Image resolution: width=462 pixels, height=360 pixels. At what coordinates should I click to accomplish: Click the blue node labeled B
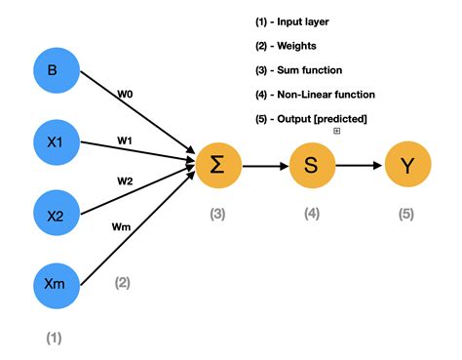pyautogui.click(x=55, y=71)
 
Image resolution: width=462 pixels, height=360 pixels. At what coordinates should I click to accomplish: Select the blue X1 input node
pyautogui.click(x=55, y=141)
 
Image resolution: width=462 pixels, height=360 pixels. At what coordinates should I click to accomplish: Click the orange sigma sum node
pyautogui.click(x=217, y=166)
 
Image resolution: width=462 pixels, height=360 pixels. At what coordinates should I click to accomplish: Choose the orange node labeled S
pyautogui.click(x=311, y=166)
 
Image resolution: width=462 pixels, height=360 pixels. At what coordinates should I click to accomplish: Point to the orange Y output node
pyautogui.click(x=405, y=166)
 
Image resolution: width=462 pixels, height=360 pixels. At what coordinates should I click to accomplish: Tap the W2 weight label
pyautogui.click(x=125, y=181)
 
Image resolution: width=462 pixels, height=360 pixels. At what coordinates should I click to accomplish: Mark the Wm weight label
pyautogui.click(x=121, y=227)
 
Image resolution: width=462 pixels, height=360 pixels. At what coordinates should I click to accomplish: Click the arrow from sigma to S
pyautogui.click(x=264, y=166)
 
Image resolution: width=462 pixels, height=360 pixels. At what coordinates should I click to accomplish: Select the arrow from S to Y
pyautogui.click(x=358, y=166)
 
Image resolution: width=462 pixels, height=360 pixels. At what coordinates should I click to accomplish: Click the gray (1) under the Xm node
pyautogui.click(x=54, y=338)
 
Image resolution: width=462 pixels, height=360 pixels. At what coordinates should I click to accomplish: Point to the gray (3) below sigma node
pyautogui.click(x=217, y=214)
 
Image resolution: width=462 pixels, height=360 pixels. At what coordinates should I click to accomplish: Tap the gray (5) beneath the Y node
pyautogui.click(x=405, y=214)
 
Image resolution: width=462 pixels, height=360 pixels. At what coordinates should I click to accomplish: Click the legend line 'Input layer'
pyautogui.click(x=293, y=21)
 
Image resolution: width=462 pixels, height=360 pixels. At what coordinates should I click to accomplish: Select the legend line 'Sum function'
pyautogui.click(x=300, y=70)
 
